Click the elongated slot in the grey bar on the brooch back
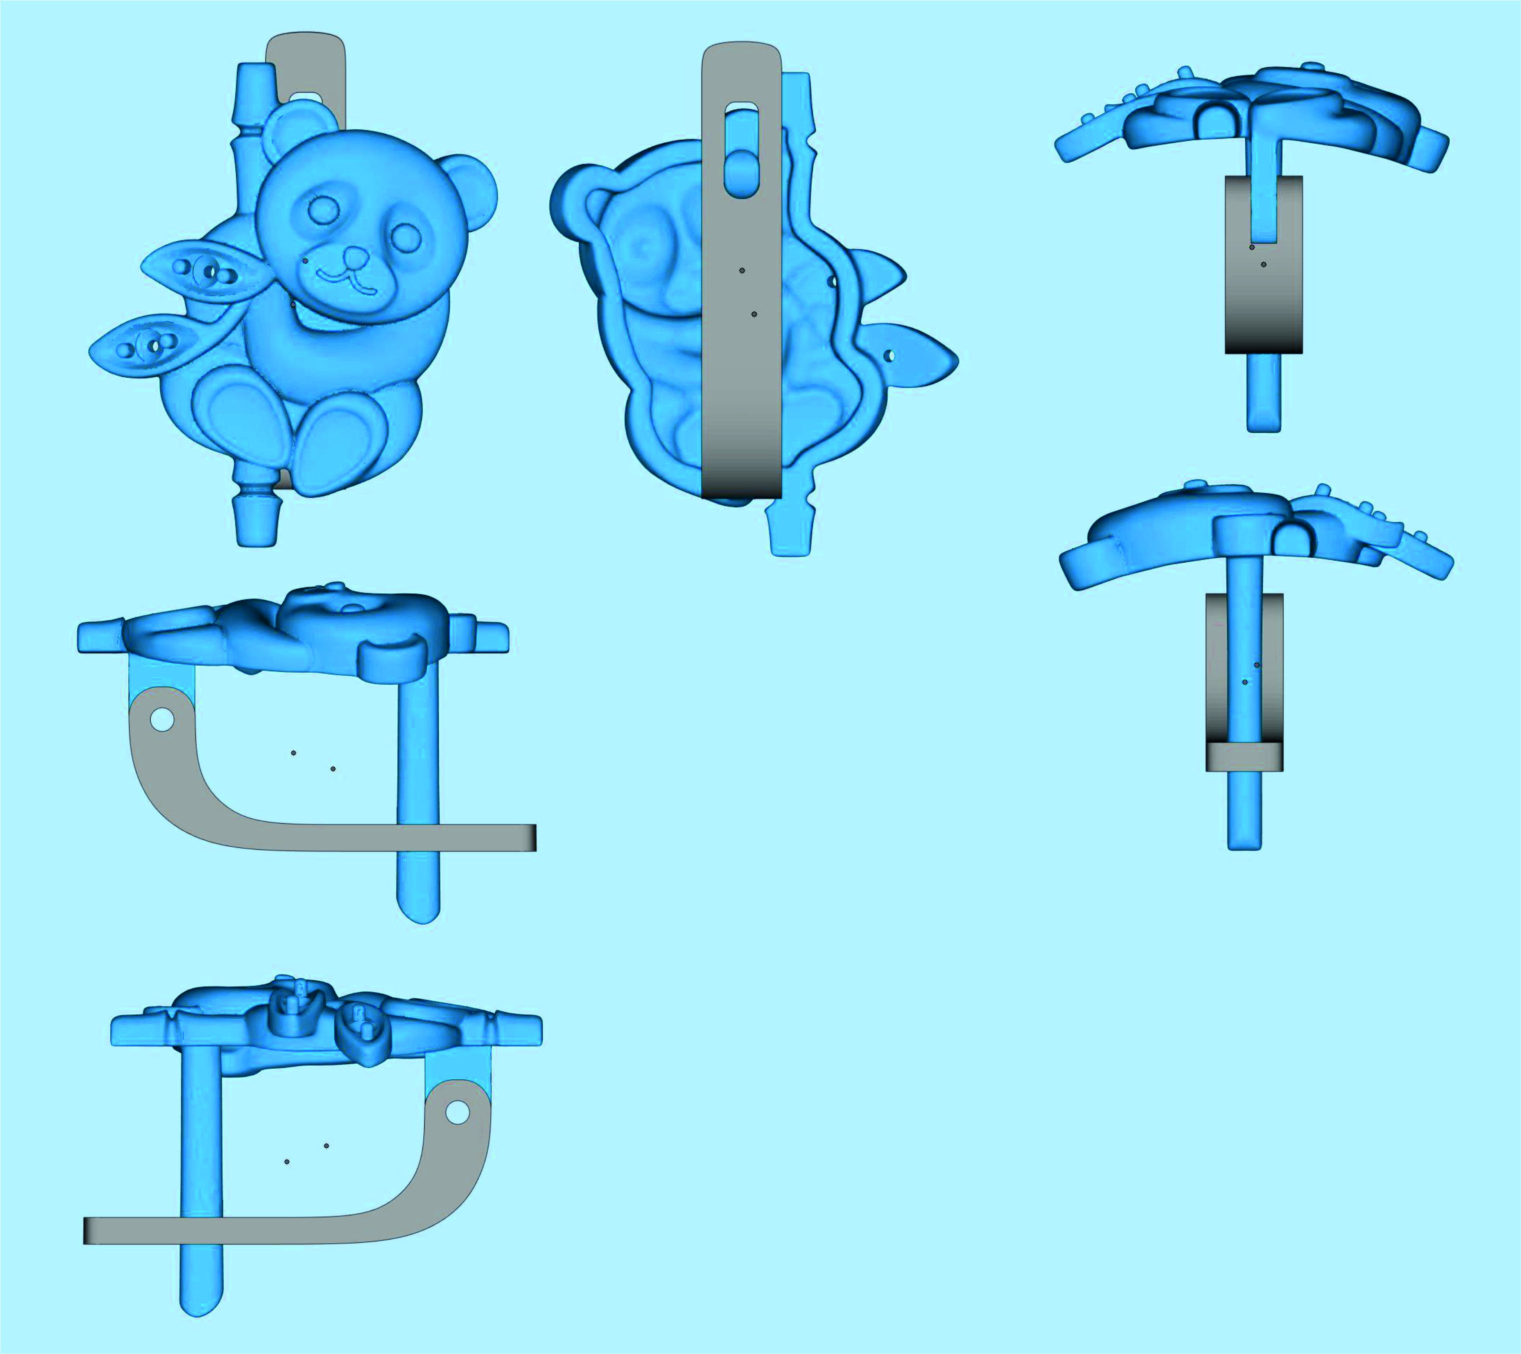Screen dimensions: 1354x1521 click(x=741, y=149)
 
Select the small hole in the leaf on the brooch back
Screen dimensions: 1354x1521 click(x=888, y=356)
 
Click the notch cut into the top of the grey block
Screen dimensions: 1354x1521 click(x=1264, y=212)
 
